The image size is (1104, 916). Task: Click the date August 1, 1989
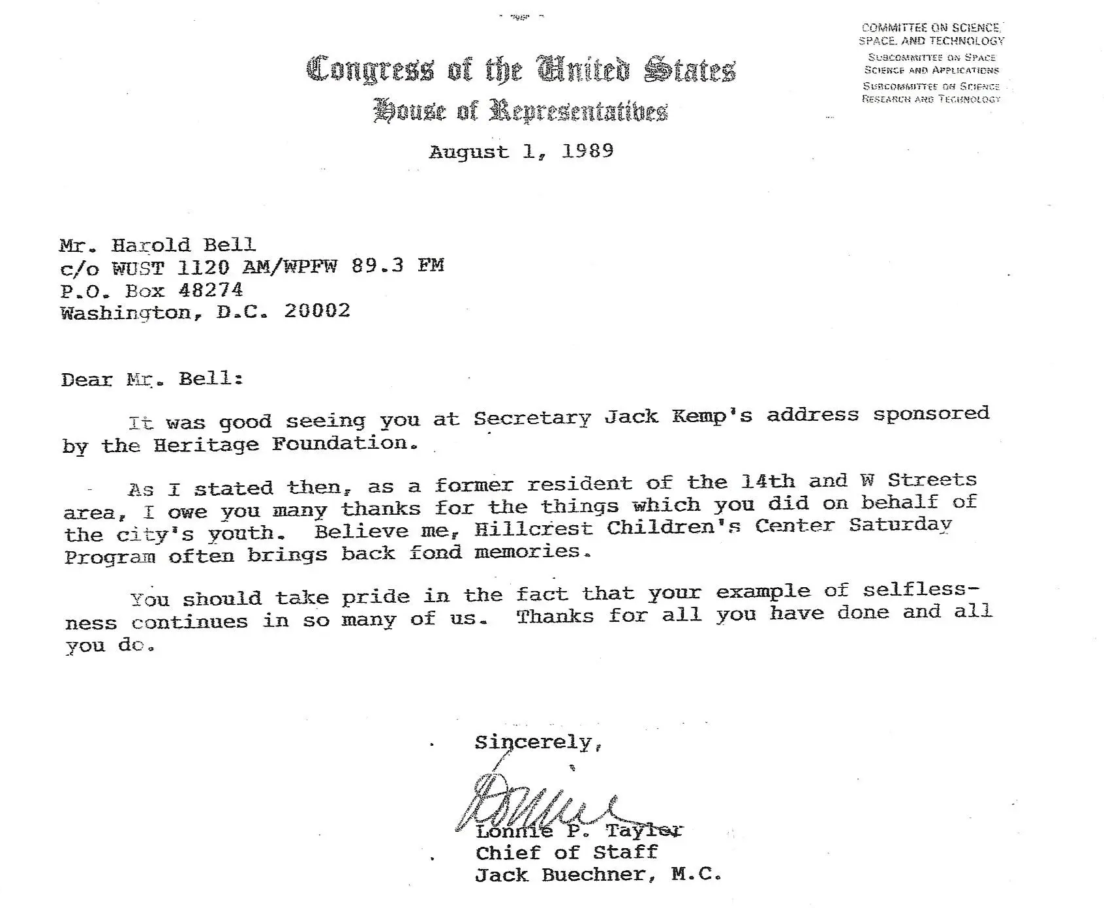(x=521, y=151)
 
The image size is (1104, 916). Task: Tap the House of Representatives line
(x=521, y=111)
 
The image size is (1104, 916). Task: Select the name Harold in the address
(x=151, y=245)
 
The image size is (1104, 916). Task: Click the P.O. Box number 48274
(x=210, y=289)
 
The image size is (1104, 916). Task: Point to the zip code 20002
(x=317, y=311)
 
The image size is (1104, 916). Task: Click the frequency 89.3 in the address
(x=377, y=266)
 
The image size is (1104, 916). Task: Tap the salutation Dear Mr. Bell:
(x=151, y=380)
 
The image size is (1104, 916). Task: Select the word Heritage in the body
(x=206, y=445)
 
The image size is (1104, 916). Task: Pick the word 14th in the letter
(x=768, y=481)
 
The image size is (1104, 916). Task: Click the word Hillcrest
(x=533, y=528)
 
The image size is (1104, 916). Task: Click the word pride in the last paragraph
(x=376, y=597)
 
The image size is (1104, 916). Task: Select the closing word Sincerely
(x=532, y=742)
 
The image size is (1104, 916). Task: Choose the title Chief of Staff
(x=566, y=853)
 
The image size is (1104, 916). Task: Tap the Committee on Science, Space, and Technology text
(x=931, y=34)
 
